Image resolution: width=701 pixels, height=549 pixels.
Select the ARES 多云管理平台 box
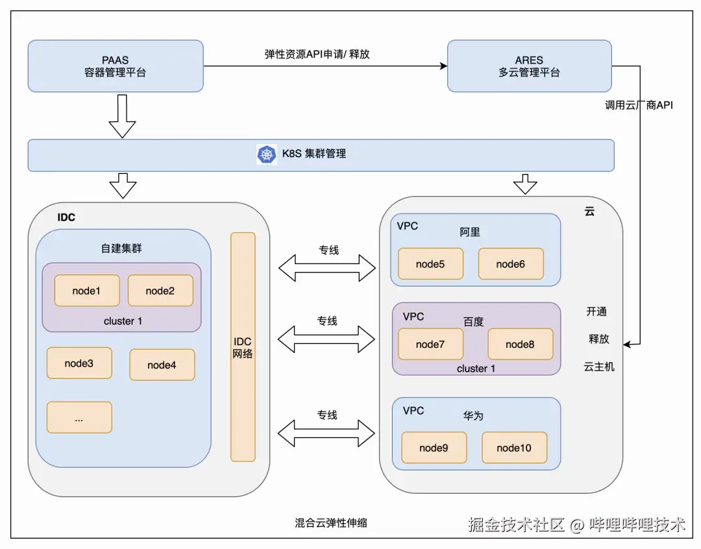[x=529, y=66]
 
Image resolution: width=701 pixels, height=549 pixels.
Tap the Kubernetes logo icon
[x=267, y=154]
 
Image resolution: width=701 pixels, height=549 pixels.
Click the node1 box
[x=86, y=291]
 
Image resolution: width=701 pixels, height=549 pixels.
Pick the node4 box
[x=162, y=365]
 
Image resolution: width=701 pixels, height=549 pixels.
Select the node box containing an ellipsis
[x=79, y=418]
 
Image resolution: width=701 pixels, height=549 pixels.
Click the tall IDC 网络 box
[x=243, y=347]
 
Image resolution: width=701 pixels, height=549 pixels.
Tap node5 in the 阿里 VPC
[x=430, y=264]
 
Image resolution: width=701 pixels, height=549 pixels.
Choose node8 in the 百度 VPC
[x=520, y=344]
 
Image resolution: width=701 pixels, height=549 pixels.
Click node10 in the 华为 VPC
[x=514, y=448]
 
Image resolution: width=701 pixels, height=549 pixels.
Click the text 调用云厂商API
[x=639, y=104]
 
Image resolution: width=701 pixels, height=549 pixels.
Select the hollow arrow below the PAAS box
[x=122, y=116]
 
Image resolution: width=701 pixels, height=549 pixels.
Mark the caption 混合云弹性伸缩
[x=331, y=522]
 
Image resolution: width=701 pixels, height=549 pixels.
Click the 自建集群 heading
[x=121, y=248]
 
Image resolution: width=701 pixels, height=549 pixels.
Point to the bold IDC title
[x=66, y=217]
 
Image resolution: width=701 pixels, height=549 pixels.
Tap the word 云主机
[x=598, y=367]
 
